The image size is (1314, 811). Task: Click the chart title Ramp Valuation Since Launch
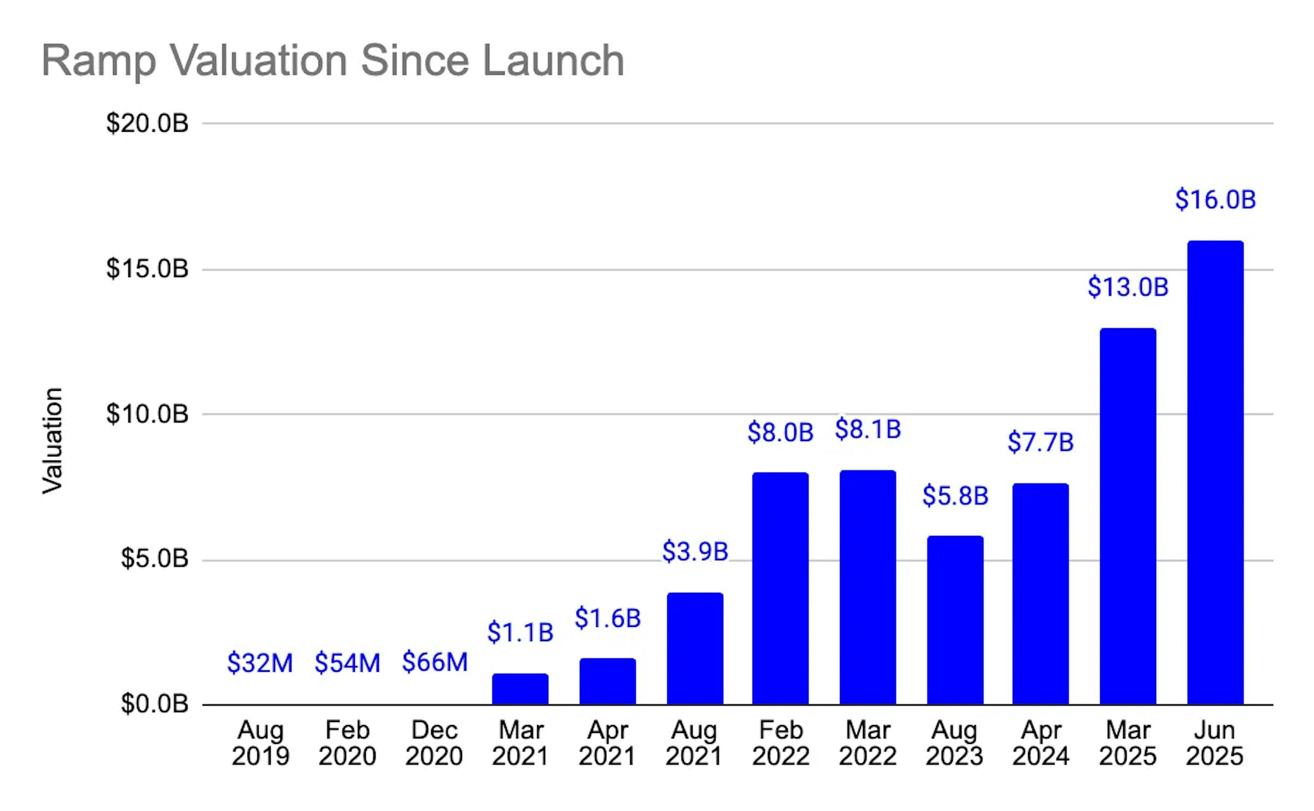(333, 61)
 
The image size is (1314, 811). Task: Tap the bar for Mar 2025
(1128, 516)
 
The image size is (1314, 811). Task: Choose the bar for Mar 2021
(520, 689)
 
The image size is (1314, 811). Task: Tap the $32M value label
(260, 663)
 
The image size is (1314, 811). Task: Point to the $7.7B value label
(1041, 442)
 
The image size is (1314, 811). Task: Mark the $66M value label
(435, 662)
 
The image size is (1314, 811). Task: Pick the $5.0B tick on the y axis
(154, 558)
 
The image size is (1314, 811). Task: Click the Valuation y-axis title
(53, 440)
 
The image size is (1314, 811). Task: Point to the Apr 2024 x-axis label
(1041, 743)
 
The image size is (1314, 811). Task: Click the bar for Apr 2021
(608, 681)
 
